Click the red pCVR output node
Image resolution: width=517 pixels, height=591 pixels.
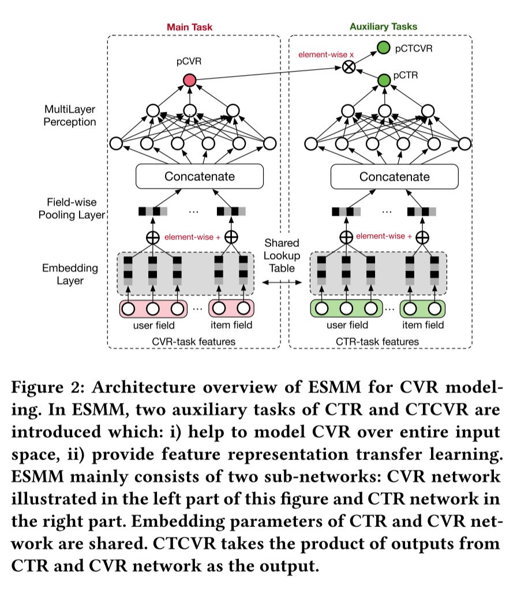click(189, 80)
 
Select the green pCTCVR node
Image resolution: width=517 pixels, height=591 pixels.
click(384, 47)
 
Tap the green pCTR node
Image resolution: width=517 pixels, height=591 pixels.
click(384, 80)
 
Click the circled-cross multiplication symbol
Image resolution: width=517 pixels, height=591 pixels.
click(349, 68)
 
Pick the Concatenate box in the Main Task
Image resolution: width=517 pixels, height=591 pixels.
click(199, 176)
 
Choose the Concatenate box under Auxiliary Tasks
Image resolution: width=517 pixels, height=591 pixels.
click(394, 177)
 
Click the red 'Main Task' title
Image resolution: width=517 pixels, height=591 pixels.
click(189, 27)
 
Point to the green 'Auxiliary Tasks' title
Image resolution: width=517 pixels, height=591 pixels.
click(383, 27)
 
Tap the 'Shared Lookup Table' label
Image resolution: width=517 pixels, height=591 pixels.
click(282, 256)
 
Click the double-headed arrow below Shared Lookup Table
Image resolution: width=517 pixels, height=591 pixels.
click(282, 282)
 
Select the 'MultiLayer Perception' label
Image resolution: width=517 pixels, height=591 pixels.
click(70, 115)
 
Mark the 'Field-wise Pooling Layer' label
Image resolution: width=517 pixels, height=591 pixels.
click(72, 208)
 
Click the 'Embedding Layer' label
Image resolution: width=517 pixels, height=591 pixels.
click(70, 274)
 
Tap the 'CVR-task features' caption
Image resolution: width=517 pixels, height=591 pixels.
click(194, 342)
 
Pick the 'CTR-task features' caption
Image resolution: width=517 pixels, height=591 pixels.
click(377, 342)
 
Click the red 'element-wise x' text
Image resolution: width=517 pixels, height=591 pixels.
click(326, 55)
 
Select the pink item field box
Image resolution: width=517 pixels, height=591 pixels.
click(231, 309)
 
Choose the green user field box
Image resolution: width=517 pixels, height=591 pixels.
click(346, 309)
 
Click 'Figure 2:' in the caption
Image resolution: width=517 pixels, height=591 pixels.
click(48, 387)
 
